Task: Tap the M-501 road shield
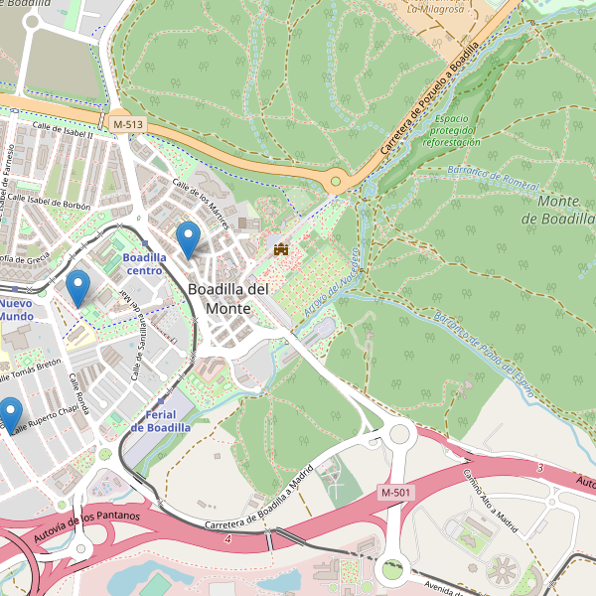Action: point(396,493)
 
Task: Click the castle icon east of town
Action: point(281,248)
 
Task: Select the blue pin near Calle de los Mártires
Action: point(188,239)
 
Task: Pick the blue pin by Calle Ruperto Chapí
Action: point(10,414)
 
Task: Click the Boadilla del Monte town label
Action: point(227,298)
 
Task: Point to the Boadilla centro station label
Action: point(143,263)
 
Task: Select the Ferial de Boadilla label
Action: point(160,420)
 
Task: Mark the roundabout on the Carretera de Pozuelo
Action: point(337,182)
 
